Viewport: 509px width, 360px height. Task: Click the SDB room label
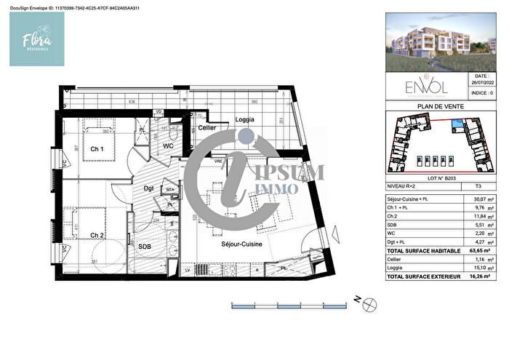(x=145, y=247)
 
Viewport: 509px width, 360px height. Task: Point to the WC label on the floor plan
(x=167, y=145)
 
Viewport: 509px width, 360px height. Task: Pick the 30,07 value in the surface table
(x=472, y=200)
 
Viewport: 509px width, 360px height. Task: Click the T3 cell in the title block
(x=477, y=187)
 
